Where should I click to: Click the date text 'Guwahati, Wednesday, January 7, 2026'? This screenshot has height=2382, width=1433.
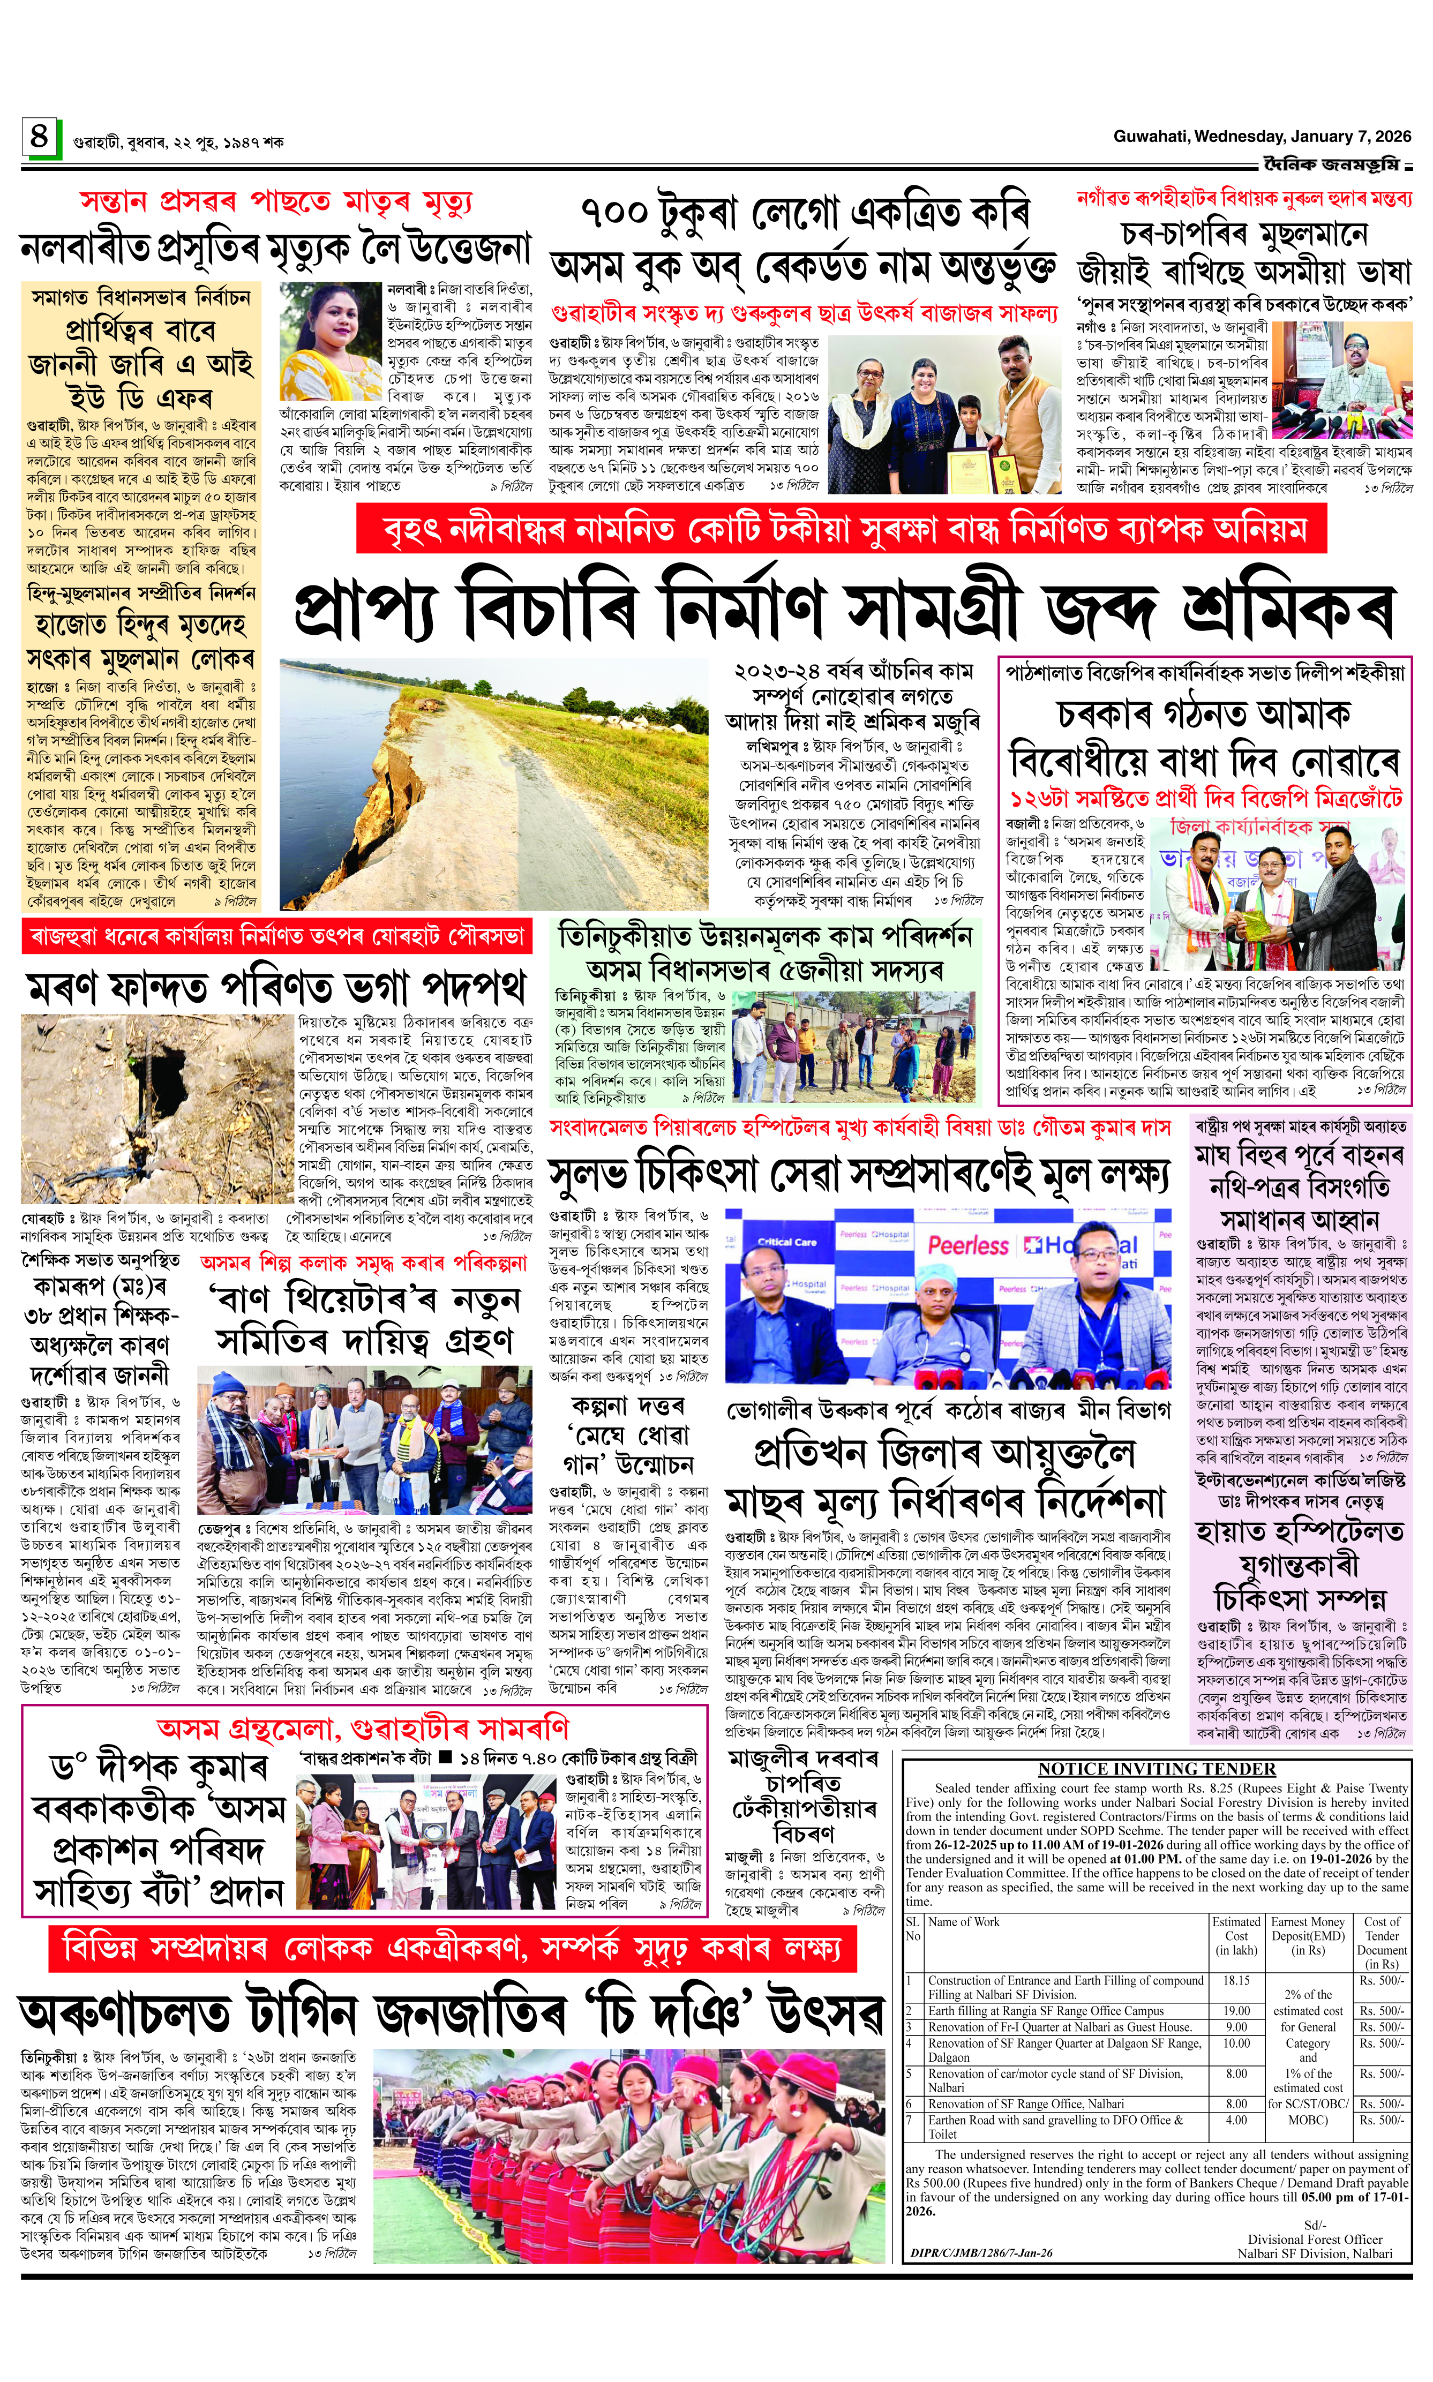coord(1259,137)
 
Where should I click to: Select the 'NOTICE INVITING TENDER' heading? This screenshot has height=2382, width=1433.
coord(1157,1770)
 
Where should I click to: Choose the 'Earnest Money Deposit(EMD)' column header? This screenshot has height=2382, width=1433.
coord(1308,1936)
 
